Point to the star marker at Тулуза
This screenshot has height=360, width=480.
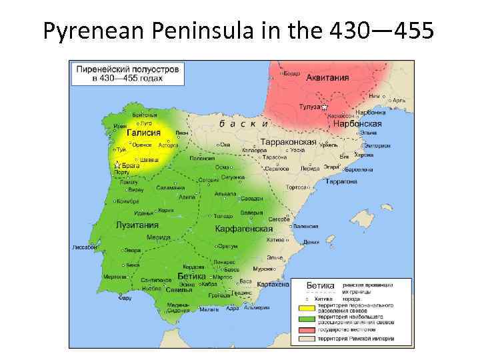point(325,107)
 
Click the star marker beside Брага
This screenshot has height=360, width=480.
point(117,164)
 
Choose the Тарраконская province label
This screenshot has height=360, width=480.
point(287,142)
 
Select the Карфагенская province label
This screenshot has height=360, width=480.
point(243,229)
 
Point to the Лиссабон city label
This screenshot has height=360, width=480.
point(85,247)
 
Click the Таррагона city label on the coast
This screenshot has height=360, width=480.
point(341,181)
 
